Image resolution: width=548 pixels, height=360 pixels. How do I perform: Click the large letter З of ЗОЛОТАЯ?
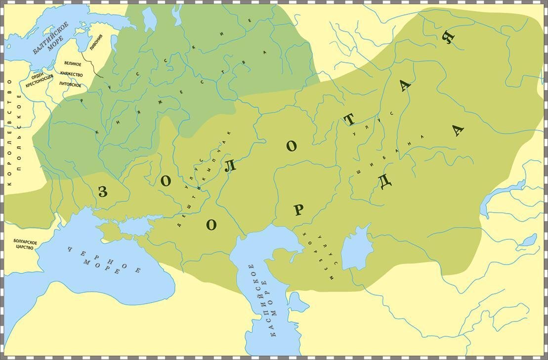(103, 192)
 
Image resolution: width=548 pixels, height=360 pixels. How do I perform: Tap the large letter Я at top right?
(448, 38)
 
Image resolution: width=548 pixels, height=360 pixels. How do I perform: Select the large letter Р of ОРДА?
(297, 210)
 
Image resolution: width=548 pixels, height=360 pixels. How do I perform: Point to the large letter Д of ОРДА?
(385, 182)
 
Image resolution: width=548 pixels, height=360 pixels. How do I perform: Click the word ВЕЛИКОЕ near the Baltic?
(73, 64)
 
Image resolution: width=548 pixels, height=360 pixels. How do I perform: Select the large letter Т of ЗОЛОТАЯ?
(350, 120)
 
